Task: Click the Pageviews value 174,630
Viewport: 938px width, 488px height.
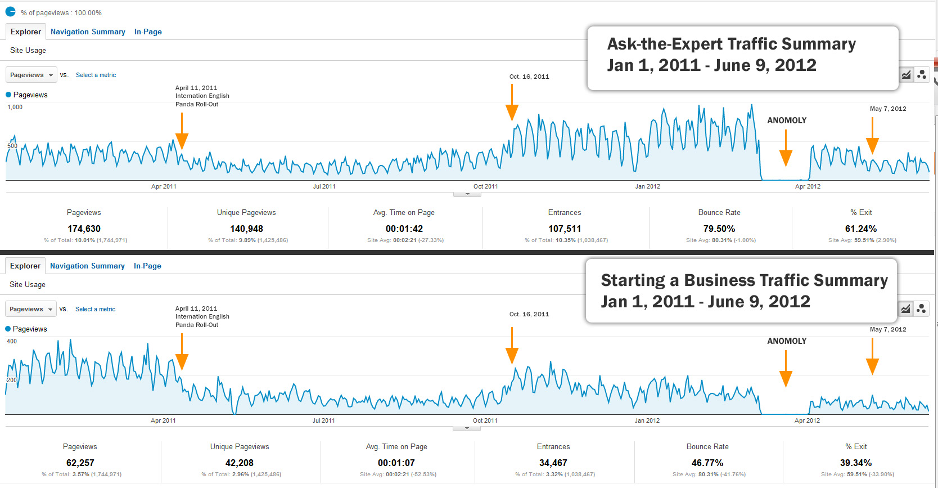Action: (84, 229)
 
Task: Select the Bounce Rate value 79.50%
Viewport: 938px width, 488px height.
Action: (719, 229)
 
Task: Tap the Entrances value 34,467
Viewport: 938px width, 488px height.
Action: (553, 463)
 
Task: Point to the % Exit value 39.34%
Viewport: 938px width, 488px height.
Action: (855, 463)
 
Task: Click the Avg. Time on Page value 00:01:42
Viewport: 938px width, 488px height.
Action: (404, 229)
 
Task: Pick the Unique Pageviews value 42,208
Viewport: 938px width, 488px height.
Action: (239, 463)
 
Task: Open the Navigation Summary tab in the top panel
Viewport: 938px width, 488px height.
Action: (88, 32)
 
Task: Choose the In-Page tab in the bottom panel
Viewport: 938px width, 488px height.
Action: (147, 266)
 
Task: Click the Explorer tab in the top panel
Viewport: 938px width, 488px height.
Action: (25, 32)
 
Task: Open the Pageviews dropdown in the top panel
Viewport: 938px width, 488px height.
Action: (31, 75)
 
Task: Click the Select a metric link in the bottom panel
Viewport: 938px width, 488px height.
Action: (95, 309)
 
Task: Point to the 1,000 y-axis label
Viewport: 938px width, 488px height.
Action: (15, 107)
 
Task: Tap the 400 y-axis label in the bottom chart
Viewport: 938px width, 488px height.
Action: (12, 341)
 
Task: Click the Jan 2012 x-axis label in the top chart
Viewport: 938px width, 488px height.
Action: (647, 186)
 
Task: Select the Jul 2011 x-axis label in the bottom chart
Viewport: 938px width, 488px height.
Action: (323, 420)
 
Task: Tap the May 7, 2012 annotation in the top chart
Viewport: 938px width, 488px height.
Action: (887, 109)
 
